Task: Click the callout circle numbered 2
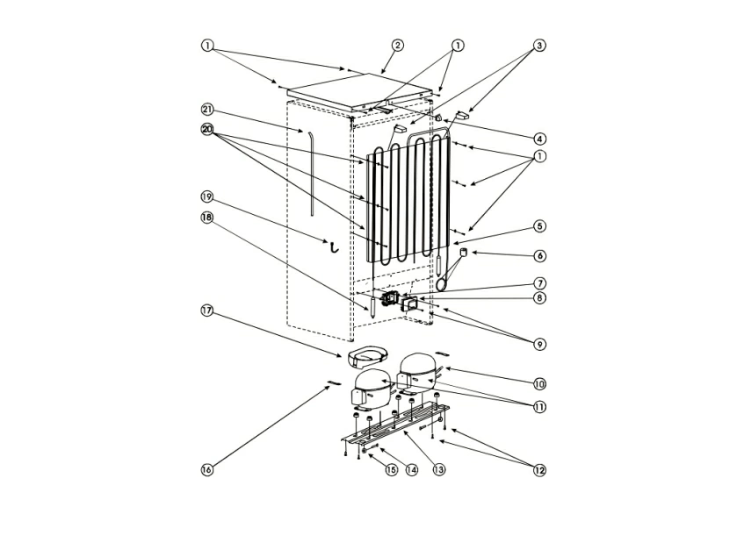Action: click(398, 46)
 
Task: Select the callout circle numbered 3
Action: click(539, 46)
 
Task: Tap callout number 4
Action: click(539, 139)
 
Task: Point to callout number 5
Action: click(539, 226)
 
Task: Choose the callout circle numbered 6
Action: click(539, 256)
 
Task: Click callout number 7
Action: click(539, 283)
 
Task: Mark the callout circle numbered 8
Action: click(539, 297)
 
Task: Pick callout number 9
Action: click(539, 345)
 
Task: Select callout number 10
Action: click(539, 383)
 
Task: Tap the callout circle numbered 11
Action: click(539, 406)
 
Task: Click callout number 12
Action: click(539, 470)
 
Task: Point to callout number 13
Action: click(439, 469)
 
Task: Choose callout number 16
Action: click(207, 470)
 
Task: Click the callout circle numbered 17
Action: click(207, 311)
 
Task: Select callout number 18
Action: click(207, 218)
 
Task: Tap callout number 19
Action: click(207, 196)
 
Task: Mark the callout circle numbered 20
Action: click(207, 129)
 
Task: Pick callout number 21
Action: click(207, 110)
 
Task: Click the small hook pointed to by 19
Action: click(335, 248)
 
